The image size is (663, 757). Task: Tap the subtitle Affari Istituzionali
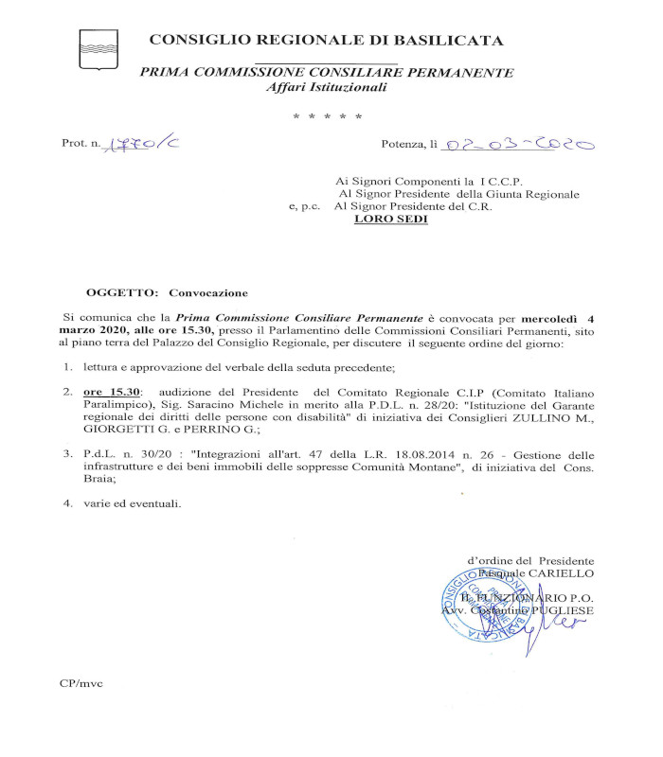click(327, 87)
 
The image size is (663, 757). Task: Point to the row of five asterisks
click(327, 116)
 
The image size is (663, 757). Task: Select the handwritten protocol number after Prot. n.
click(138, 145)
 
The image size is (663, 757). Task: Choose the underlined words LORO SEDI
click(390, 219)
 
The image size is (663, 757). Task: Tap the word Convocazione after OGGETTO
click(207, 293)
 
